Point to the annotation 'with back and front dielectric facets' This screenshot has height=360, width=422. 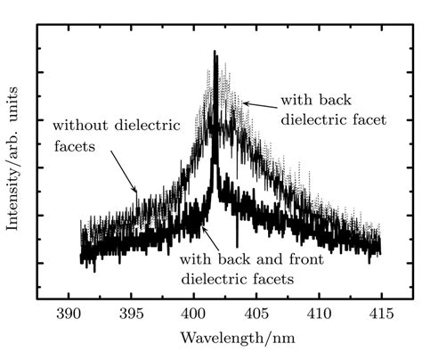pyautogui.click(x=238, y=267)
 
